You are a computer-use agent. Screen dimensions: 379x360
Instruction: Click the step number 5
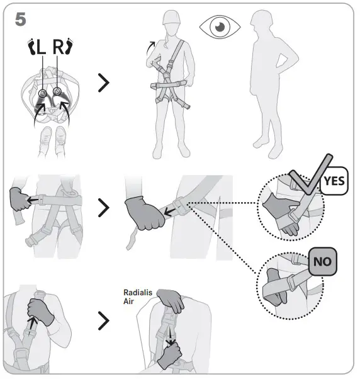[x=21, y=19]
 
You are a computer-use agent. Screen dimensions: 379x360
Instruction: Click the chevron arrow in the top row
[x=106, y=82]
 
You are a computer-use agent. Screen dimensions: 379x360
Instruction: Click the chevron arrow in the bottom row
[x=106, y=322]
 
